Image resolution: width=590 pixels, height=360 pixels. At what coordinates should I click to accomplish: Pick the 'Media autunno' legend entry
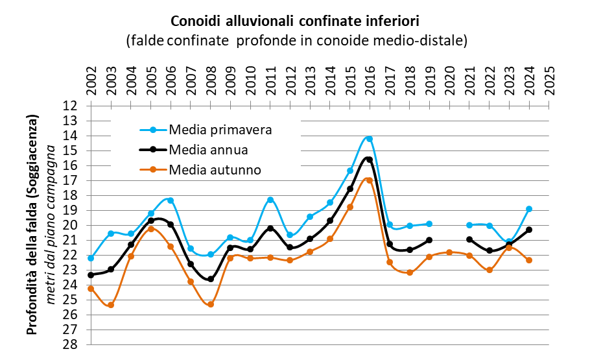(x=215, y=171)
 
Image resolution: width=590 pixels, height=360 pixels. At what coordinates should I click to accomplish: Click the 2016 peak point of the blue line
(x=369, y=139)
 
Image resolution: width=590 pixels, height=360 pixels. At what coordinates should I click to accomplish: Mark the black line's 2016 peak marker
(x=369, y=160)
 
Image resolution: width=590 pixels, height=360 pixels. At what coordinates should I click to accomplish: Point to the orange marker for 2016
(x=369, y=180)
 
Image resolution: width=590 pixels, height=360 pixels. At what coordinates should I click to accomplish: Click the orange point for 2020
(x=449, y=252)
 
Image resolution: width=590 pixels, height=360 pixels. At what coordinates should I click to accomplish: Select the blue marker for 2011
(x=270, y=200)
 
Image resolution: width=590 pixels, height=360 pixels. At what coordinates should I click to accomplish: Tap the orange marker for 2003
(x=111, y=305)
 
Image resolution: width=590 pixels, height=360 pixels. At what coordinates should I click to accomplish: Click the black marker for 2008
(x=211, y=279)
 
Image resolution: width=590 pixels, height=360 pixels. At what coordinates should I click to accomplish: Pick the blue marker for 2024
(x=529, y=209)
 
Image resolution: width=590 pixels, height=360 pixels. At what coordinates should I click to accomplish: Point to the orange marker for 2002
(x=91, y=289)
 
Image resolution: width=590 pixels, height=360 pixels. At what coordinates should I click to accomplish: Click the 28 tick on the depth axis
(x=71, y=344)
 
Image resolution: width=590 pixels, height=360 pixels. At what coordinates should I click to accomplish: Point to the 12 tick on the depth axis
(x=71, y=106)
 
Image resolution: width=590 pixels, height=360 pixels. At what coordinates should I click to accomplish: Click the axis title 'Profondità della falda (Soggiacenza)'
(x=31, y=224)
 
